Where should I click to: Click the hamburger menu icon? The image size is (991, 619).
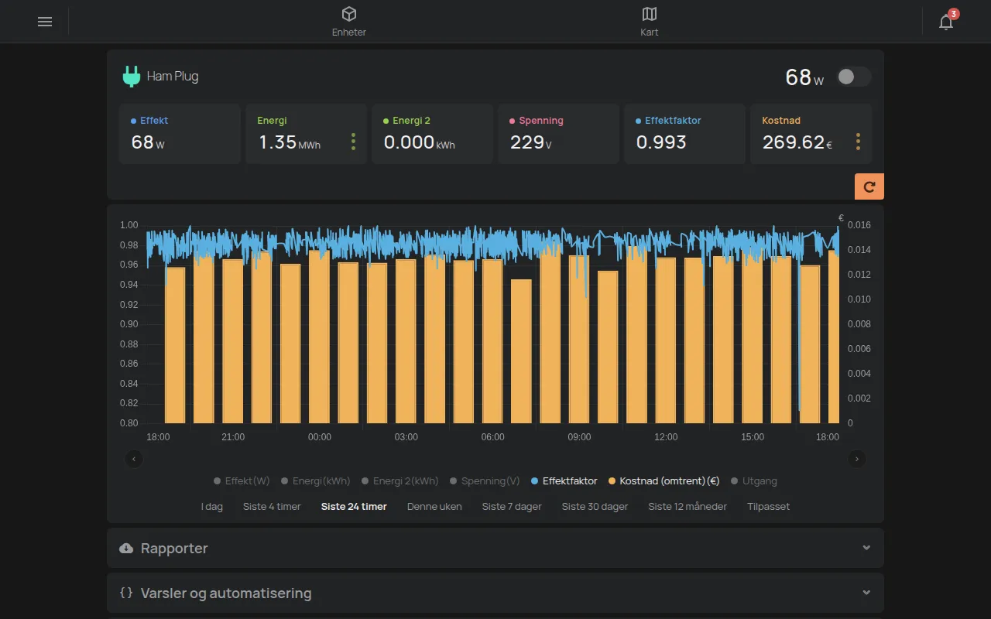[x=45, y=22]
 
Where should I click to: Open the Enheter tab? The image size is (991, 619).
[x=348, y=22]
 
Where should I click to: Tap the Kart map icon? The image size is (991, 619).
[x=649, y=14]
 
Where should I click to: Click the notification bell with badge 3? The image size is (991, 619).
[x=947, y=20]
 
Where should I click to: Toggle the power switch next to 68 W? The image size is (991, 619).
[x=854, y=77]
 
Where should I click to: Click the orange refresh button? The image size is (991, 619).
[x=869, y=186]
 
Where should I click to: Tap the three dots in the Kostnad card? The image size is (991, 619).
[x=858, y=142]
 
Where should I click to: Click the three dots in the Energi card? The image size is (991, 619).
[x=353, y=142]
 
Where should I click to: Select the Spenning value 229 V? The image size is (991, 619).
[x=530, y=142]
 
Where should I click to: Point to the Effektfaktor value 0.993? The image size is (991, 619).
[x=661, y=142]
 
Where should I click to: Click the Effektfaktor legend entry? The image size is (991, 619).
[x=564, y=481]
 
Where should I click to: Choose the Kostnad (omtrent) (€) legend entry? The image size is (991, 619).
[x=664, y=481]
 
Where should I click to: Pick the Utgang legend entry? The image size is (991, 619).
[x=754, y=481]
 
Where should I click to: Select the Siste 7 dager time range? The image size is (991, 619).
[x=512, y=506]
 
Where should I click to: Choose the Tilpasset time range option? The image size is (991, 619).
[x=768, y=506]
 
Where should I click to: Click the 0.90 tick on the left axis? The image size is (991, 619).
[x=129, y=324]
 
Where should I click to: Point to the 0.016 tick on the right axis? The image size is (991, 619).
[x=859, y=225]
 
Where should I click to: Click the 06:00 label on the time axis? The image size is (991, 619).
[x=492, y=437]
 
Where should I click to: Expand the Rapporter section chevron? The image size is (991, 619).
[x=866, y=548]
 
